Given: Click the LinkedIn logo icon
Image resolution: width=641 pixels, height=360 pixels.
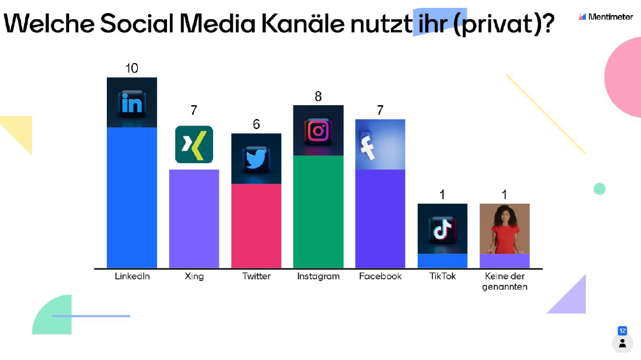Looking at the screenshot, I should click(132, 103).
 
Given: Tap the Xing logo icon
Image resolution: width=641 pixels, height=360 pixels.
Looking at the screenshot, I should click(194, 145).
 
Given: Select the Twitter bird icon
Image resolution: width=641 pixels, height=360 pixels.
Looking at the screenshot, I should click(256, 159).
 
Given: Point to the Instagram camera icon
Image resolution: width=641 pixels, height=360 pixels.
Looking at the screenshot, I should click(318, 131).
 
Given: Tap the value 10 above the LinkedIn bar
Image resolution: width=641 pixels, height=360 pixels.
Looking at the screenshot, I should click(132, 68).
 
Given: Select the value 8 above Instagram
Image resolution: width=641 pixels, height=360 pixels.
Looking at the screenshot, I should click(318, 96).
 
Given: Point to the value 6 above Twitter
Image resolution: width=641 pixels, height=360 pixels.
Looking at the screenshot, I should click(256, 124).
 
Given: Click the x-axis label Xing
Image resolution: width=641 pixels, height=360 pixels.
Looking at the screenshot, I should click(194, 276).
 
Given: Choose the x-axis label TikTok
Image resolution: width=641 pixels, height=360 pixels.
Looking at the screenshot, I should click(443, 276).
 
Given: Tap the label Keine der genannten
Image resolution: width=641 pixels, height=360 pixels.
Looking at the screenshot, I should click(504, 281).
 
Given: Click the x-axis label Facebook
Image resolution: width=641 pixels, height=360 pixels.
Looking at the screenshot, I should click(380, 276).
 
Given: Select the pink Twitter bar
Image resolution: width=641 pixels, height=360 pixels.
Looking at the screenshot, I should click(256, 226).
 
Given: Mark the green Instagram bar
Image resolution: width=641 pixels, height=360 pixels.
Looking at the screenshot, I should click(318, 211).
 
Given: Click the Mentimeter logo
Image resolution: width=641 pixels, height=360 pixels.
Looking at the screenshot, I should click(606, 16).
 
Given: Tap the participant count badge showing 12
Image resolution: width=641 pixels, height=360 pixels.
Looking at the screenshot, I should click(622, 331).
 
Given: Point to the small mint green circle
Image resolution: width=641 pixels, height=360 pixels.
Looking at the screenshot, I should click(599, 189).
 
